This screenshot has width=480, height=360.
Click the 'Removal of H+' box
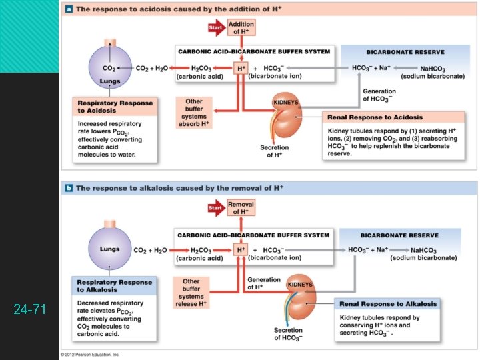[241, 208]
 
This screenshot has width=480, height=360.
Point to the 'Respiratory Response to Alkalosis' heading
[115, 285]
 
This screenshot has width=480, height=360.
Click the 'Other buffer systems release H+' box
[197, 293]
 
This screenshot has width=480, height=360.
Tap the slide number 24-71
[29, 309]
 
